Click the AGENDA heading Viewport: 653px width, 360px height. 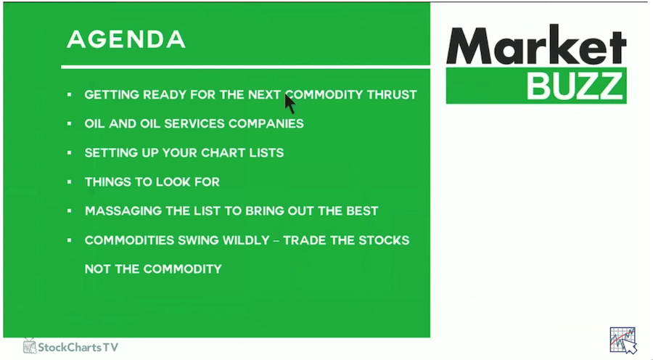(126, 40)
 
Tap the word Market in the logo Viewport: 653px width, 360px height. (536, 45)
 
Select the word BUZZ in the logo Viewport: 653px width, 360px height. (575, 86)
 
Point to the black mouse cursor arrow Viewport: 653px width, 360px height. (289, 104)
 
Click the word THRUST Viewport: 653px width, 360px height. (392, 95)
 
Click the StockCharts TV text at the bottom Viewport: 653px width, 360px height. (78, 347)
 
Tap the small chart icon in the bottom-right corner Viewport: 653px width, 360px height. (623, 340)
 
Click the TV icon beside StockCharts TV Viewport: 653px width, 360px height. (30, 346)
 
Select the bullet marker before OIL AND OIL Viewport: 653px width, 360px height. (70, 123)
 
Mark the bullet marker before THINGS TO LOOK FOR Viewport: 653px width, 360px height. (70, 182)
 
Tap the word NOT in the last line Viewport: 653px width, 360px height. (97, 269)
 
